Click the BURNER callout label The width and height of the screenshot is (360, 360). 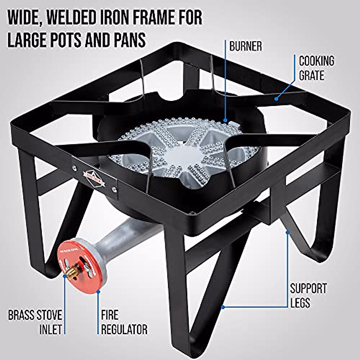coord(245,46)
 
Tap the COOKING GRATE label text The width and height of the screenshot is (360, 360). coord(316,68)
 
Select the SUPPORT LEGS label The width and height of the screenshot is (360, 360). coord(308,295)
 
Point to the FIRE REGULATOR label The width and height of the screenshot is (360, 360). coord(124,322)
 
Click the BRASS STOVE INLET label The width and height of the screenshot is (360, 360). coord(35,322)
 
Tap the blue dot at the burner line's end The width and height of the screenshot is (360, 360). coord(226,120)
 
